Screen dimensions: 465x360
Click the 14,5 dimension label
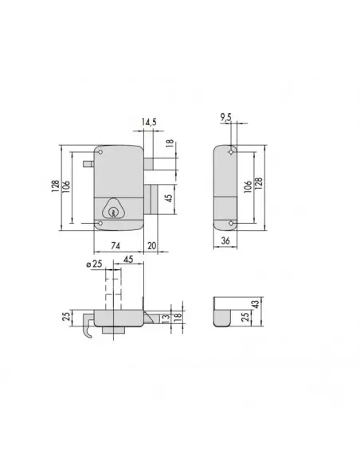click(149, 122)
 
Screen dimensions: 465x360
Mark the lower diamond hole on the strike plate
click(231, 225)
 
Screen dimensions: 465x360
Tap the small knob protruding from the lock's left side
click(88, 163)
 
